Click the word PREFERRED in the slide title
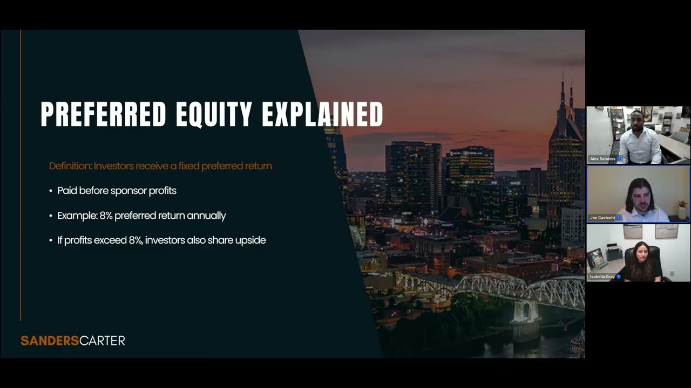pos(103,114)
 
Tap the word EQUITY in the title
pos(214,114)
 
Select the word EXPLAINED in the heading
pos(322,114)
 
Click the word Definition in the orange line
pos(70,166)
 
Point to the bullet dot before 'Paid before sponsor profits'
pos(51,191)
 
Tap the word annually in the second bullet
pos(206,216)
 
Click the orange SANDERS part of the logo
pos(50,341)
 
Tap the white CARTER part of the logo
pos(102,341)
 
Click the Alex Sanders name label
pos(603,159)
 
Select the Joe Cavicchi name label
pos(602,218)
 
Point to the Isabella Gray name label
pos(602,276)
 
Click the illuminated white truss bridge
pos(518,288)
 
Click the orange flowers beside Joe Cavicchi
pos(682,205)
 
